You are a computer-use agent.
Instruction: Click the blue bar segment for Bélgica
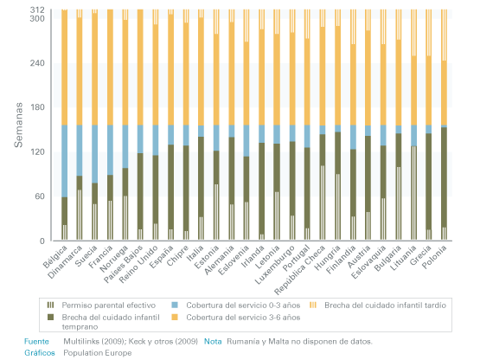(64, 161)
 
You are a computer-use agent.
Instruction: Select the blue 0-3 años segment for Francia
(110, 150)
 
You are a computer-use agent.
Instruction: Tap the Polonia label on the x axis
(435, 257)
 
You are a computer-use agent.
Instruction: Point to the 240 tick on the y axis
(37, 63)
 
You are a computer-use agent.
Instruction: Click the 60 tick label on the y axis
(40, 196)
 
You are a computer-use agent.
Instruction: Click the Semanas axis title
(18, 125)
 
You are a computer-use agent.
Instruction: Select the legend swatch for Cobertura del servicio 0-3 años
(175, 305)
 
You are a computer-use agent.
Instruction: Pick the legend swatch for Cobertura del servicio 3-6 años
(175, 317)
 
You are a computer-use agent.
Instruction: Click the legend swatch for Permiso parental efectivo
(50, 305)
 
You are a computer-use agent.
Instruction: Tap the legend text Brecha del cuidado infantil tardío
(385, 305)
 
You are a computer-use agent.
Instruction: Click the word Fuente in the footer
(36, 341)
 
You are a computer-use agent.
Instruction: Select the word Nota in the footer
(213, 341)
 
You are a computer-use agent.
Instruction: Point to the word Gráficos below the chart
(40, 353)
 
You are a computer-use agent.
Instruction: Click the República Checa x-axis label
(300, 270)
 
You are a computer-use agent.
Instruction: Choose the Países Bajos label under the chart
(123, 264)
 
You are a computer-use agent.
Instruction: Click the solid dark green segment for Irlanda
(262, 189)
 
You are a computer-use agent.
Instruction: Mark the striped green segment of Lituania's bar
(413, 193)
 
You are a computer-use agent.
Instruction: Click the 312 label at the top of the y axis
(37, 10)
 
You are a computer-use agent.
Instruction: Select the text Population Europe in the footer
(98, 353)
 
